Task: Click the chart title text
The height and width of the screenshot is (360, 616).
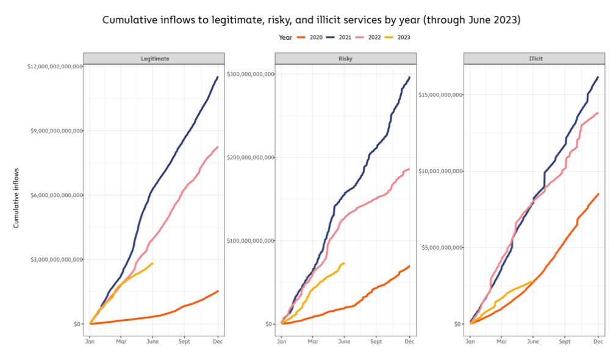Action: coord(311,20)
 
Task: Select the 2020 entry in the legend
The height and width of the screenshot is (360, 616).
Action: coord(311,37)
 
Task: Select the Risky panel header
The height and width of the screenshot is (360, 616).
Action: coord(345,59)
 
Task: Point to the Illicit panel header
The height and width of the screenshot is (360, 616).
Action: coord(534,59)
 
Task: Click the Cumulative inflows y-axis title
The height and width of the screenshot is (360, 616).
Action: coord(16,198)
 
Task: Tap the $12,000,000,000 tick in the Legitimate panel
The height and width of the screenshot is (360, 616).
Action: coord(54,66)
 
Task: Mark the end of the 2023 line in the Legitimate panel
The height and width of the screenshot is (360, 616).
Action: coord(152,263)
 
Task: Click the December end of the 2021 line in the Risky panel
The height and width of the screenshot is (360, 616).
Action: coord(409,77)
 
